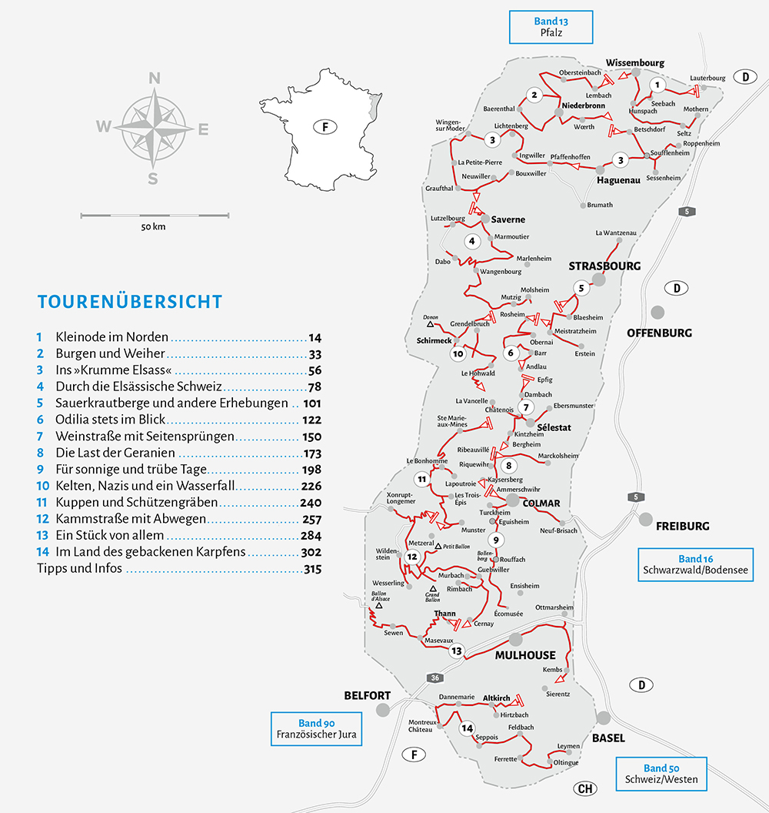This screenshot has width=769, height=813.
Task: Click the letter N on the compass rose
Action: tap(155, 78)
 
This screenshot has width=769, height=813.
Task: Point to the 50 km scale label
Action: tap(153, 227)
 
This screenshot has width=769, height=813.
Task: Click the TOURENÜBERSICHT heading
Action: tap(129, 302)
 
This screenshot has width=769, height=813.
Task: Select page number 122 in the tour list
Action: tap(311, 420)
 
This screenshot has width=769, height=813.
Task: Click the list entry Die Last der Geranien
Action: tap(115, 453)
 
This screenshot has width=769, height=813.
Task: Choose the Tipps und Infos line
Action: tap(80, 570)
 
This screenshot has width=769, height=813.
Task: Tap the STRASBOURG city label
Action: tap(604, 266)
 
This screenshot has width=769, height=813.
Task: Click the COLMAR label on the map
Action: tap(541, 504)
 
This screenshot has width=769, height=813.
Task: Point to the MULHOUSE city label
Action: tap(525, 655)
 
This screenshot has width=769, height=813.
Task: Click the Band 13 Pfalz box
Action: tap(551, 28)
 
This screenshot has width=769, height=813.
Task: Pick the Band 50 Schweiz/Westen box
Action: tap(661, 774)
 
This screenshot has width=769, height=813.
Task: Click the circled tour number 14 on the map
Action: tap(467, 728)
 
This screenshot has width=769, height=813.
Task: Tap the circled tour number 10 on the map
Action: tap(458, 354)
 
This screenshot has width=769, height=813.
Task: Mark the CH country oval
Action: tap(585, 789)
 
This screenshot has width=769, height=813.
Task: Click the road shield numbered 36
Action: tap(434, 677)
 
